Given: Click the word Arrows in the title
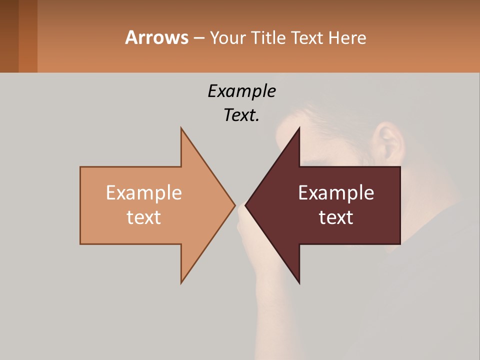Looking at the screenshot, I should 156,37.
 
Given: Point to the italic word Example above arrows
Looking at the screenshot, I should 241,91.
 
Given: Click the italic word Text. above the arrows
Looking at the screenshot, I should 241,115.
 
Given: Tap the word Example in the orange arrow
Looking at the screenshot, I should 144,193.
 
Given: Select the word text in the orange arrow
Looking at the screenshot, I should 144,217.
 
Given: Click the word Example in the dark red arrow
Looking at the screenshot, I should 336,193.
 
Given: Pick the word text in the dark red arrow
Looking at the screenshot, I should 336,217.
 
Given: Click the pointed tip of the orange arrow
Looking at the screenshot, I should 234,205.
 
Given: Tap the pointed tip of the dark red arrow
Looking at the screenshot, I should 246,205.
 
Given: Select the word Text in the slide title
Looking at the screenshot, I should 307,38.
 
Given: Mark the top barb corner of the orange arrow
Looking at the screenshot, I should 181,128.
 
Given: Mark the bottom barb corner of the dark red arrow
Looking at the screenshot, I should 299,283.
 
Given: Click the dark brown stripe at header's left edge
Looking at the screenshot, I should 9,36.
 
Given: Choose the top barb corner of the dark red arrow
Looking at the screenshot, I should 299,128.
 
